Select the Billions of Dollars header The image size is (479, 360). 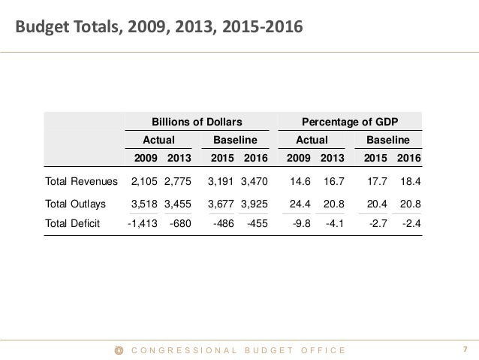(197, 121)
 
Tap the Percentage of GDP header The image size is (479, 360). (350, 121)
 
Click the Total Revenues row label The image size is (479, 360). (82, 181)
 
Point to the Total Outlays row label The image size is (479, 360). (76, 204)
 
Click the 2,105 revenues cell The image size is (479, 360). (144, 181)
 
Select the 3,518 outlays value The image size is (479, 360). (144, 204)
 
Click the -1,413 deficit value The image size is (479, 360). (141, 223)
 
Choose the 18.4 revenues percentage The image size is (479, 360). (409, 181)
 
